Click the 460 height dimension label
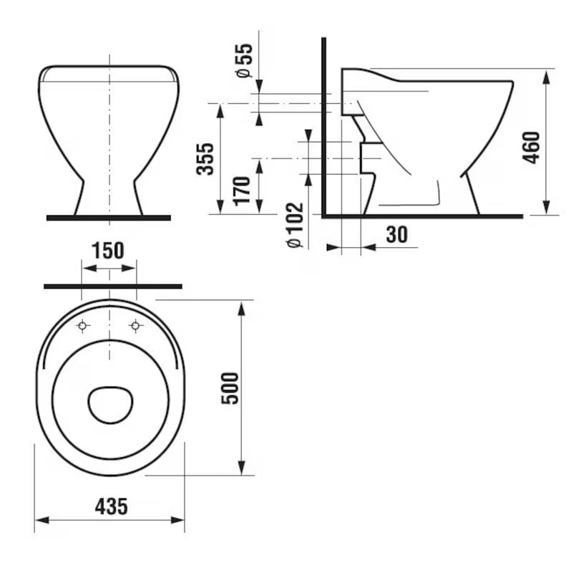[x=532, y=147]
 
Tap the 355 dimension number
[x=205, y=159]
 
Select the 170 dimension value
[x=242, y=191]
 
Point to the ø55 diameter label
[x=245, y=60]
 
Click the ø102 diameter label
[x=295, y=225]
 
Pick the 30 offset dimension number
[x=396, y=234]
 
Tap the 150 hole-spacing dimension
[x=108, y=251]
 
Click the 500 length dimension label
[x=230, y=388]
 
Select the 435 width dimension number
[x=112, y=506]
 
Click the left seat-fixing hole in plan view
[x=83, y=325]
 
